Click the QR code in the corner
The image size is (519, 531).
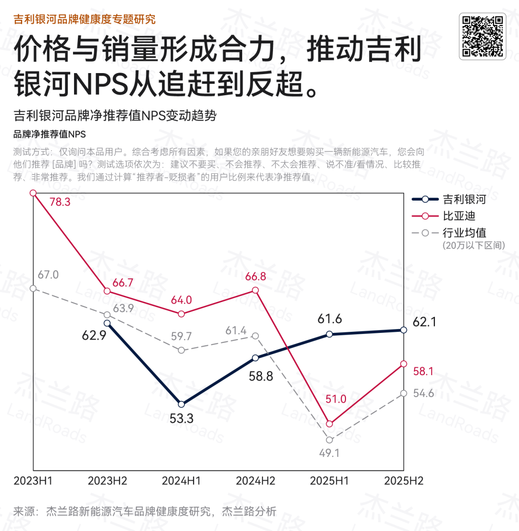click(482, 37)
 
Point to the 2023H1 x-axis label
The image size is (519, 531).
click(33, 481)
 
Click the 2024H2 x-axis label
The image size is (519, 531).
click(255, 481)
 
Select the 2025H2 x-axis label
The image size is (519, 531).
click(404, 481)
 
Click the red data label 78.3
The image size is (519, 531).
click(60, 202)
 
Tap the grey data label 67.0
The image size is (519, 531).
click(48, 275)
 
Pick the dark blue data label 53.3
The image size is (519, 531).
click(181, 419)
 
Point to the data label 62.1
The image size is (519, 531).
click(424, 322)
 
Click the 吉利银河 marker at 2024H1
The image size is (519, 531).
click(181, 404)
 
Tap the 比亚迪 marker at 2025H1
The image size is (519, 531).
click(329, 424)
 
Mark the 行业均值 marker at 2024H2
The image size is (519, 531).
click(256, 336)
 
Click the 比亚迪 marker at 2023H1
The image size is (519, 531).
click(33, 193)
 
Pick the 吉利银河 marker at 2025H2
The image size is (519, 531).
click(404, 330)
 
